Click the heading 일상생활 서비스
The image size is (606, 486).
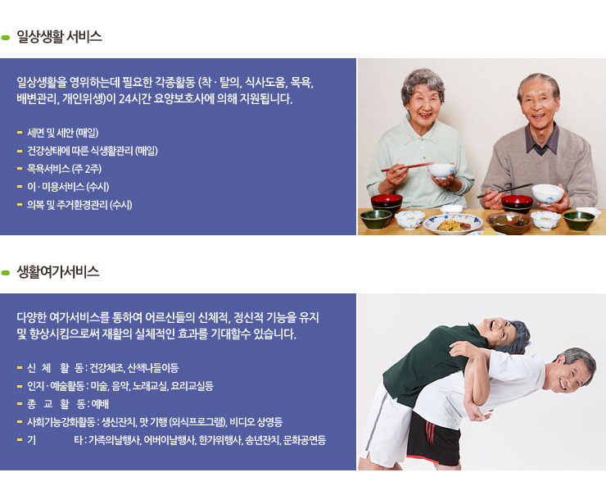(59, 37)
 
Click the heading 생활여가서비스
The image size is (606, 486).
(58, 272)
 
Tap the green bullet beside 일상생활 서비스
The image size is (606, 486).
(6, 38)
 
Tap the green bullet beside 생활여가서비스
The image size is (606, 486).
(6, 273)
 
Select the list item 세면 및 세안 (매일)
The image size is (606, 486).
(62, 133)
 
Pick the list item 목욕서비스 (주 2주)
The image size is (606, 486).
(64, 169)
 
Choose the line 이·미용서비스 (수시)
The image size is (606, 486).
(68, 187)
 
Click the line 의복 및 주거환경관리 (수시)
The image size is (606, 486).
(79, 205)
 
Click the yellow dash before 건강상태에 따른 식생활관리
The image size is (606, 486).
(20, 151)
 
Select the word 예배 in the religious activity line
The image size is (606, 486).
(100, 404)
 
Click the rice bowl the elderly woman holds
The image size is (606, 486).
(441, 170)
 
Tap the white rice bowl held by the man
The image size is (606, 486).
(548, 193)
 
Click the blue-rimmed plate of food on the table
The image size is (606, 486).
(453, 224)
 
